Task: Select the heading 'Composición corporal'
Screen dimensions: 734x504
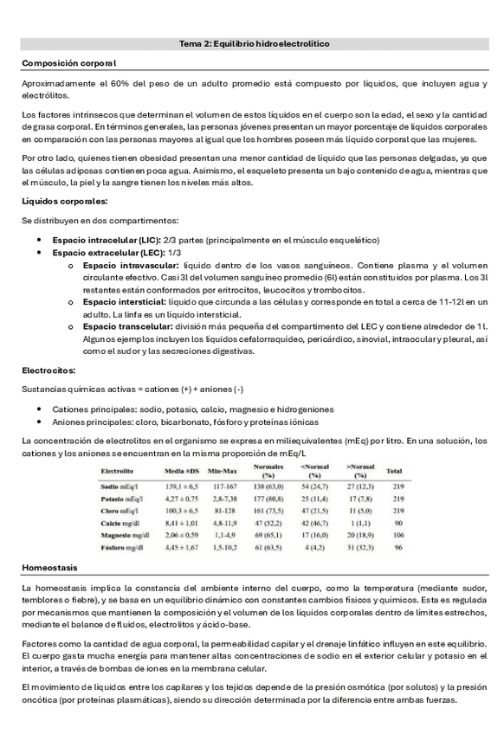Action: coord(68,63)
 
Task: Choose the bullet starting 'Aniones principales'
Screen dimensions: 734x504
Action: coord(184,422)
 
